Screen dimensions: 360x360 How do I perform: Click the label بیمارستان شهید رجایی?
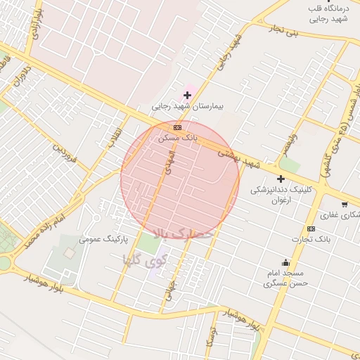pyautogui.click(x=187, y=107)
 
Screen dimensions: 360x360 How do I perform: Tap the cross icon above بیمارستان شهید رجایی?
pyautogui.click(x=187, y=94)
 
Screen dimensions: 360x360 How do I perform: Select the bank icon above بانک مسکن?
pyautogui.click(x=177, y=127)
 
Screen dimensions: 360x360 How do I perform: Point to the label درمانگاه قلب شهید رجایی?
pyautogui.click(x=328, y=13)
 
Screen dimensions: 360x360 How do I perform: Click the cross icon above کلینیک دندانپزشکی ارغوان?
pyautogui.click(x=281, y=179)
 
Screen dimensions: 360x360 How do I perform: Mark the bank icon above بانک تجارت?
pyautogui.click(x=311, y=229)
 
